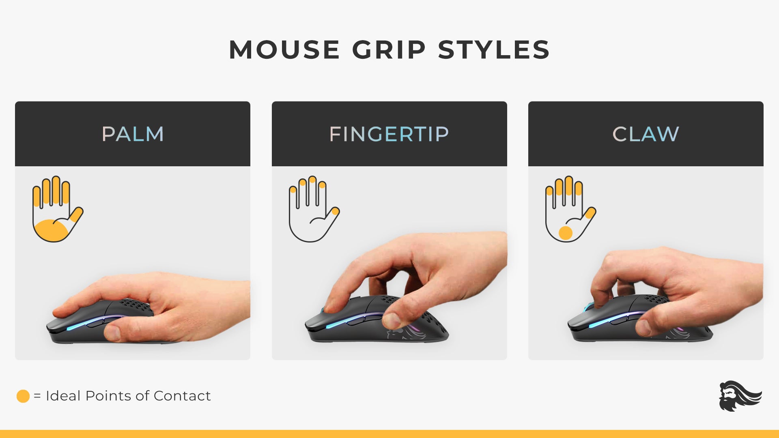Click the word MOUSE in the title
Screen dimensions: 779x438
tap(284, 50)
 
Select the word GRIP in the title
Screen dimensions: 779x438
tap(389, 50)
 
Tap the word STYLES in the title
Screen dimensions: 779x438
tap(494, 50)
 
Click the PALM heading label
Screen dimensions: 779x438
tap(133, 134)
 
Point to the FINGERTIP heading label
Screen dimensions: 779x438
tap(389, 134)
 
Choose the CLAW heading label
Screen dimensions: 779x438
tap(646, 134)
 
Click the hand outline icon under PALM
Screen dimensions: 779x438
tap(58, 209)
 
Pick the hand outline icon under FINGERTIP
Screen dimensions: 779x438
tap(314, 209)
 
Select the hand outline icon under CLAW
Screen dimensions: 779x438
tap(570, 209)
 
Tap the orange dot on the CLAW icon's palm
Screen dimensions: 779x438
tap(565, 233)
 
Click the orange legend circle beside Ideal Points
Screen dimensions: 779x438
tap(23, 396)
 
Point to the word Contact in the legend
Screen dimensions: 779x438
tap(182, 395)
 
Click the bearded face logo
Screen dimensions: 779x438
tap(740, 396)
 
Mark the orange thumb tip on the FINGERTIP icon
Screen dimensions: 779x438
tap(335, 211)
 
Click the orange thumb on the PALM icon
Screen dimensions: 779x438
tap(75, 215)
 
